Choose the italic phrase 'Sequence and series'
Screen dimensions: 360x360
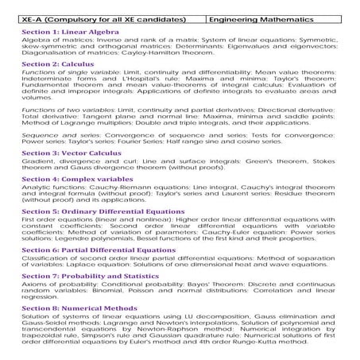[x=48, y=134]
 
